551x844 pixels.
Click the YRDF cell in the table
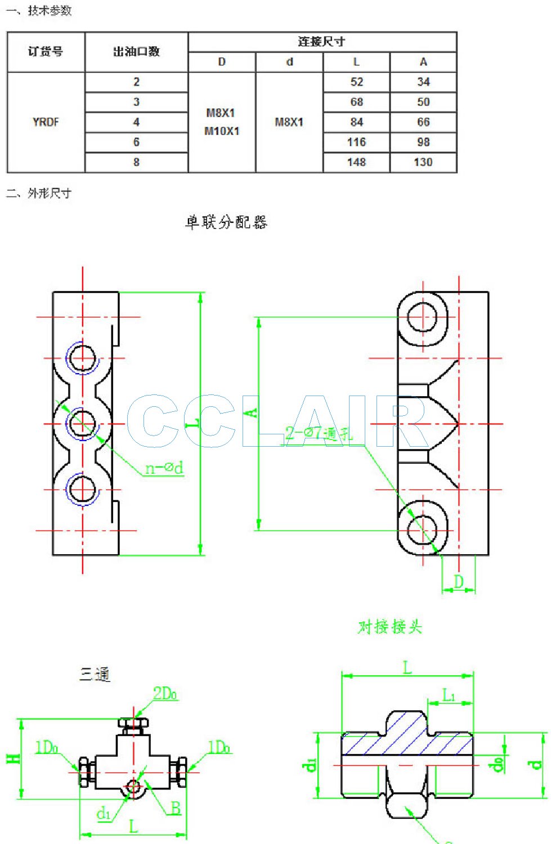(x=46, y=122)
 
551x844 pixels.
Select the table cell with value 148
(x=356, y=163)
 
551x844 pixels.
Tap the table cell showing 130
(x=423, y=163)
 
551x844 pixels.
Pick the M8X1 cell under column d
(x=289, y=122)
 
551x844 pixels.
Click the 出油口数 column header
(x=136, y=52)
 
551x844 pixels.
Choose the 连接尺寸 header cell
(x=321, y=42)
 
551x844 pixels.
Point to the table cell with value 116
(x=356, y=142)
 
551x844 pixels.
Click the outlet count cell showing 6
(x=136, y=142)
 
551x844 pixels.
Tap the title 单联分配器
(x=226, y=222)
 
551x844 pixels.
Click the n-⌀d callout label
(x=164, y=468)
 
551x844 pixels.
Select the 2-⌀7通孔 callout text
(x=319, y=433)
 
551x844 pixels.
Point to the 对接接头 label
(x=389, y=627)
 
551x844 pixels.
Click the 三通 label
(x=95, y=674)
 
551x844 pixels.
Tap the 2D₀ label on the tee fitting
(x=165, y=694)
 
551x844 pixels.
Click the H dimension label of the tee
(x=14, y=758)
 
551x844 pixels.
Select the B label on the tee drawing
(x=176, y=809)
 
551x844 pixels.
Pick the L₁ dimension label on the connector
(x=449, y=696)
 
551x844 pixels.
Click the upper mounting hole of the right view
(x=422, y=317)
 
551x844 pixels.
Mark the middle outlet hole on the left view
(x=83, y=423)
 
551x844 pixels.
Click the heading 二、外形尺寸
(x=39, y=194)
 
